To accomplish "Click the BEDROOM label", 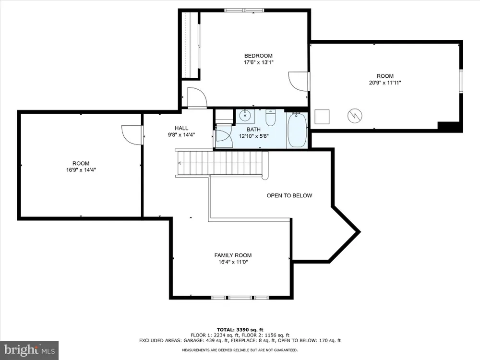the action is [258, 56].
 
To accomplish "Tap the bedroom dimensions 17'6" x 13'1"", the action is [258, 62].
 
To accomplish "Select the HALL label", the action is [181, 128].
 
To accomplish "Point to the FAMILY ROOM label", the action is [233, 255].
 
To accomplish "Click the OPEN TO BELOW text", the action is [289, 196].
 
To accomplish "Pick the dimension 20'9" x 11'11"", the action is [385, 83].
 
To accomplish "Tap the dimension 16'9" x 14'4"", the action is [81, 170].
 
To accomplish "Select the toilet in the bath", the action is [271, 118].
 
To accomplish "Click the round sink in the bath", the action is [245, 116].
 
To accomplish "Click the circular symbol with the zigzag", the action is [355, 116].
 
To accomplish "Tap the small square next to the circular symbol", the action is [322, 117].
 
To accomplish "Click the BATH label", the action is [254, 130].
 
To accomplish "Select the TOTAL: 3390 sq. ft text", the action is [240, 330].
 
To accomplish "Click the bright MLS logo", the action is [29, 350].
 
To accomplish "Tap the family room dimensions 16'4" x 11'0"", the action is [233, 262].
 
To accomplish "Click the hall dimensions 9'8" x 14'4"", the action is [181, 135].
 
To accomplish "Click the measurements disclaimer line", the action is [240, 350].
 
